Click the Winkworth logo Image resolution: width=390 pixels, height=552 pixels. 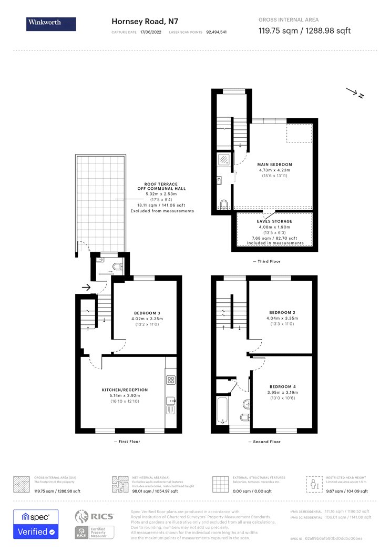pos(51,24)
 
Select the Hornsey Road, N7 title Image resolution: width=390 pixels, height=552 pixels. pos(145,22)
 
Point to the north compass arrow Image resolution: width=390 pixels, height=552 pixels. pos(355,94)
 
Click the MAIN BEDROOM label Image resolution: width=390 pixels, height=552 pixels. pos(274,165)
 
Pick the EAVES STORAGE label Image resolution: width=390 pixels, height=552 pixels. pos(275,221)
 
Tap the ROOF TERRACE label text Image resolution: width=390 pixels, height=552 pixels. pos(165,185)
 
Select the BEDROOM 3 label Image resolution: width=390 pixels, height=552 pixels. pos(146,313)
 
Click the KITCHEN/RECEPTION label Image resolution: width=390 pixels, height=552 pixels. pos(125,390)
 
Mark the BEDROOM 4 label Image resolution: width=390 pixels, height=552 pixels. pos(282,387)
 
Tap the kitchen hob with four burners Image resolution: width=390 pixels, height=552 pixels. pos(171,380)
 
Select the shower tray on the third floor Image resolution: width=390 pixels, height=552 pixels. pos(224,159)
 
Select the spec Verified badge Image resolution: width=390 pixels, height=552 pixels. pos(36,524)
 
